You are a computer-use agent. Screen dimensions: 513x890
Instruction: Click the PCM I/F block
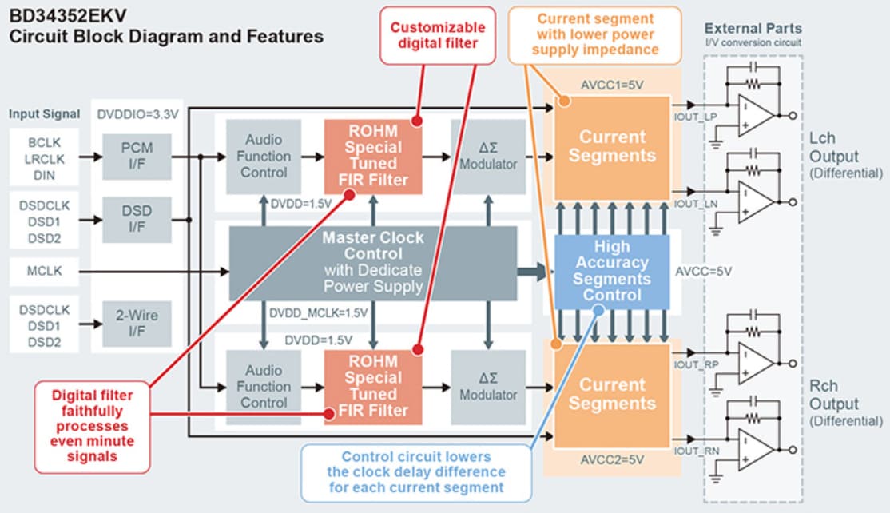click(x=137, y=156)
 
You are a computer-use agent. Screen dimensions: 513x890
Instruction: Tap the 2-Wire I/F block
click(x=137, y=323)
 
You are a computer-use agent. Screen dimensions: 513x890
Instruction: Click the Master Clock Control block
click(x=373, y=262)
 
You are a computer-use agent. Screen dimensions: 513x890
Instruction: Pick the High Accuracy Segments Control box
click(x=611, y=271)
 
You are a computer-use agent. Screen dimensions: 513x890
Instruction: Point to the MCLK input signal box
click(x=46, y=272)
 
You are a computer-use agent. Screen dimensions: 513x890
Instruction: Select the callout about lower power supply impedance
click(x=594, y=34)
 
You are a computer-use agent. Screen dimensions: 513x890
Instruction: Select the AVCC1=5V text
click(x=611, y=85)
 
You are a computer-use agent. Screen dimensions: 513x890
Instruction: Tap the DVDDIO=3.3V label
click(x=136, y=113)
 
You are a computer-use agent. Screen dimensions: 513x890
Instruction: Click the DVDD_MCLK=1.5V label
click(x=318, y=312)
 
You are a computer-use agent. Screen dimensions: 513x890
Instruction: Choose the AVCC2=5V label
click(x=611, y=459)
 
